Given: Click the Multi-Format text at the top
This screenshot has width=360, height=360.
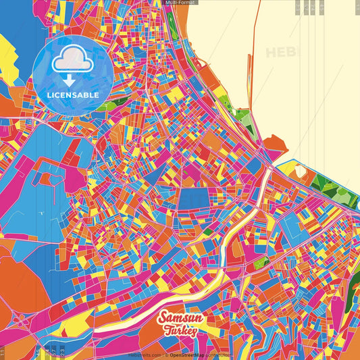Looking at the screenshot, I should pos(180,3).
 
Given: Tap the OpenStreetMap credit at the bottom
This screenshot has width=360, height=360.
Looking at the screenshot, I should pos(187,354).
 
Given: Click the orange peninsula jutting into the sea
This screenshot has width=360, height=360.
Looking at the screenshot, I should pos(275,145).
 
